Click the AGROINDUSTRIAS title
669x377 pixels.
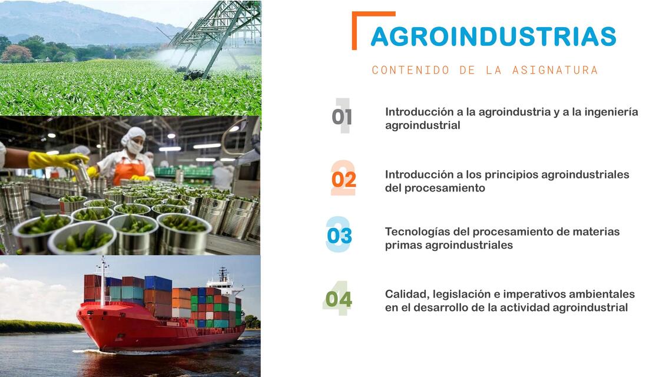tap(493, 37)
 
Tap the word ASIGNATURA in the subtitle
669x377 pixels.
tap(555, 70)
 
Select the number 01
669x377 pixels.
tap(342, 117)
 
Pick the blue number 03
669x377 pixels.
tap(339, 236)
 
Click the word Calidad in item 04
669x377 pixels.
tap(406, 294)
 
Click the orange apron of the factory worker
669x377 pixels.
tap(128, 171)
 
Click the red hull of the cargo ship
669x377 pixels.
tap(147, 332)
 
